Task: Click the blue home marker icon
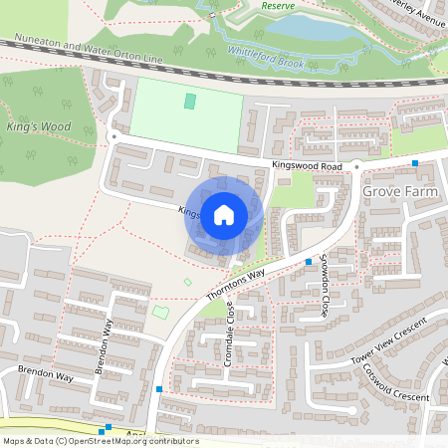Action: coord(224,214)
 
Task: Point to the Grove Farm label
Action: coord(399,190)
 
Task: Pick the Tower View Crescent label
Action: coord(394,339)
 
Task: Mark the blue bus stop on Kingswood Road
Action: coord(414,160)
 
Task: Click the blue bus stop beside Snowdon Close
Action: coord(309,261)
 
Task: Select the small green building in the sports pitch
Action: coord(190,102)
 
